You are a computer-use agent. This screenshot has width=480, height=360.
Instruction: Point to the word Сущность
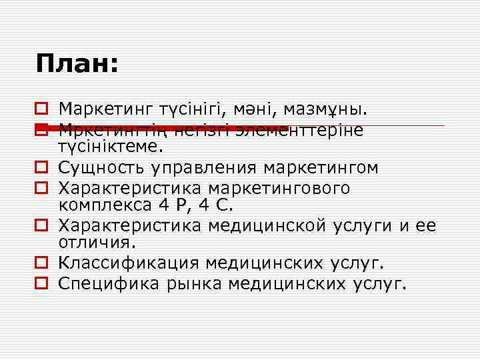[x=101, y=166]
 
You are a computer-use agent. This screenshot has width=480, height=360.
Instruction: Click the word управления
[x=204, y=166]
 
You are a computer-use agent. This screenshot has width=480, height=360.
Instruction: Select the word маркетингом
[x=321, y=166]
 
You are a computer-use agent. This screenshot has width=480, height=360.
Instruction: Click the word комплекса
[x=107, y=203]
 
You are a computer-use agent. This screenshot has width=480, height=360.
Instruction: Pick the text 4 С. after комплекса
[x=217, y=203]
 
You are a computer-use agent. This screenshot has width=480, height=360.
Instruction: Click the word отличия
[x=97, y=239]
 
